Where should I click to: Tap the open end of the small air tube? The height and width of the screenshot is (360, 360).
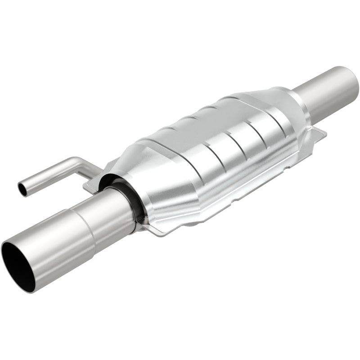click(21, 188)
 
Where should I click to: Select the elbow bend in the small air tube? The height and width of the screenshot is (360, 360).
click(77, 163)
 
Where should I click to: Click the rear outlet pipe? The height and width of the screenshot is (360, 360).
click(328, 90)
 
